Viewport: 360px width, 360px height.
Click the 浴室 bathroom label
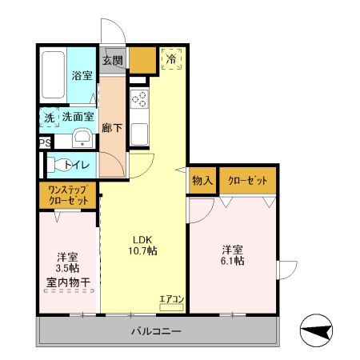click(x=82, y=75)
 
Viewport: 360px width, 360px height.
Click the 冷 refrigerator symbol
click(x=171, y=59)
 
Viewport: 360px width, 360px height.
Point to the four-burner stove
click(x=139, y=101)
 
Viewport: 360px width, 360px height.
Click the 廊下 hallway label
click(x=112, y=127)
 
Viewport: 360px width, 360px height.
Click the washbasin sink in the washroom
click(x=81, y=138)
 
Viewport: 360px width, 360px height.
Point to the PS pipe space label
click(x=43, y=144)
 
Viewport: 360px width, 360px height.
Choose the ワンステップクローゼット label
click(x=67, y=194)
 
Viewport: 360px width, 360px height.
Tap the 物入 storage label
click(x=202, y=180)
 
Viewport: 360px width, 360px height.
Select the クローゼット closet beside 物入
click(x=247, y=180)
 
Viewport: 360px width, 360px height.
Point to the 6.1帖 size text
click(x=233, y=260)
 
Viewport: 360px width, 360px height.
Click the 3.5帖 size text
click(x=66, y=270)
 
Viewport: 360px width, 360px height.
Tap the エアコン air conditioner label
click(x=171, y=300)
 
